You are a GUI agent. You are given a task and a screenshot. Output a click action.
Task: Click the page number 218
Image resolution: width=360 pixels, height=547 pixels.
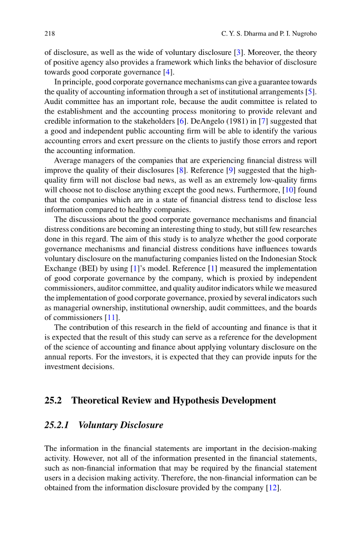[x=50, y=34]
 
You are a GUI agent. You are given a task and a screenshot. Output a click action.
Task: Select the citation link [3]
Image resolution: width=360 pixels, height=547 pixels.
[x=238, y=52]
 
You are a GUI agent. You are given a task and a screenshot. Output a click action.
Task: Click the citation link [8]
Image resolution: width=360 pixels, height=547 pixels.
[x=181, y=170]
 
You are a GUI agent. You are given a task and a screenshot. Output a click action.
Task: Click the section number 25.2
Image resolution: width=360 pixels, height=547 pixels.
[x=53, y=400]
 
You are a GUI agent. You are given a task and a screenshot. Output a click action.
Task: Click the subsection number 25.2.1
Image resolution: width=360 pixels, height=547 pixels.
[x=58, y=425]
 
